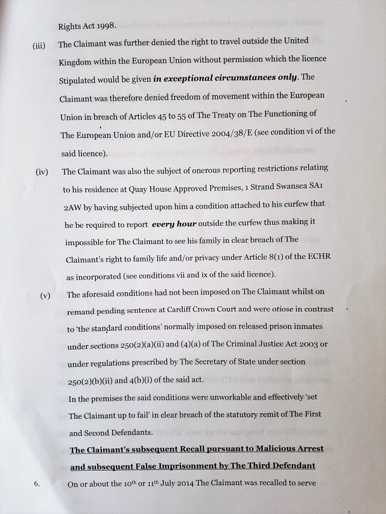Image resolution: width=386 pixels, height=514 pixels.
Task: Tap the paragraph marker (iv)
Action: [x=42, y=172]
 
